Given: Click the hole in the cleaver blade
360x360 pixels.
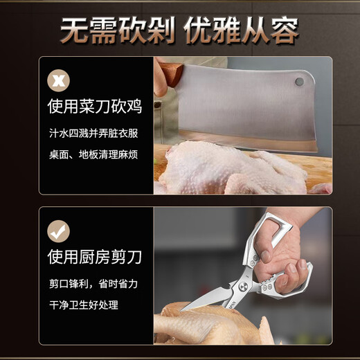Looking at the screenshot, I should coord(299,82).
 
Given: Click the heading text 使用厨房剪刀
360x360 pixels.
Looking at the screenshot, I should coord(94,258).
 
